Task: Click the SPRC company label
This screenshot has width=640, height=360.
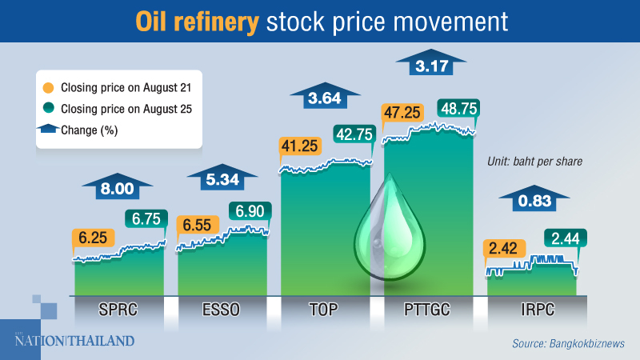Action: pyautogui.click(x=119, y=309)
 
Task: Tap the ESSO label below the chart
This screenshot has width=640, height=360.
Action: pyautogui.click(x=222, y=309)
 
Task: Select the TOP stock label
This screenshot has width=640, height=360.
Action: pyautogui.click(x=325, y=309)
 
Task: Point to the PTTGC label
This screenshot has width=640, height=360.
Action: pyautogui.click(x=429, y=309)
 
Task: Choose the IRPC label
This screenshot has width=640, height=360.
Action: pyautogui.click(x=531, y=309)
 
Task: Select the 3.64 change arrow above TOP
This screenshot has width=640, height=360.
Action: pyautogui.click(x=326, y=100)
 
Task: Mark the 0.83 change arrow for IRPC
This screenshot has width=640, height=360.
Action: pyautogui.click(x=534, y=201)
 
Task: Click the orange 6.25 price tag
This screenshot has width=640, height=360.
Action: pyautogui.click(x=94, y=238)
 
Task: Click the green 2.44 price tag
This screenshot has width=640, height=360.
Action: pyautogui.click(x=566, y=238)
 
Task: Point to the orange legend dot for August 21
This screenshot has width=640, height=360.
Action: pyautogui.click(x=49, y=83)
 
